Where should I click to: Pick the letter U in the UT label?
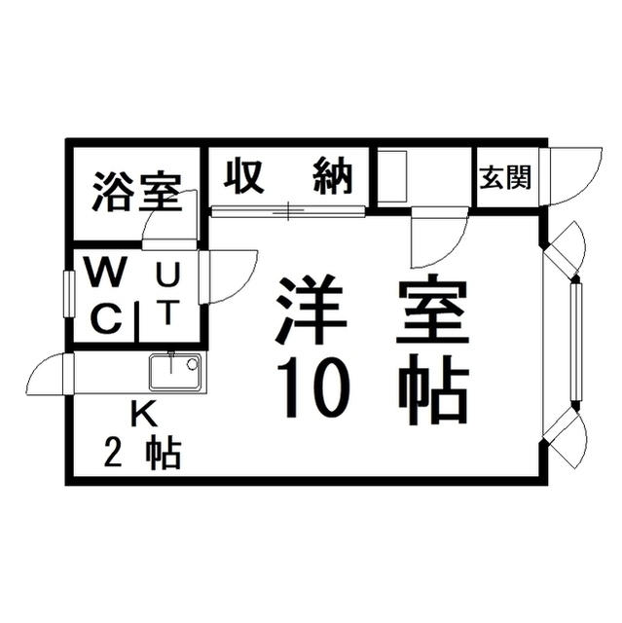pyautogui.click(x=167, y=276)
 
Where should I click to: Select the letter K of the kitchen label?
pyautogui.click(x=143, y=414)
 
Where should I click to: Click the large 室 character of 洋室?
pyautogui.click(x=429, y=310)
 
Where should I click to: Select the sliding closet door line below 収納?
pyautogui.click(x=288, y=209)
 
